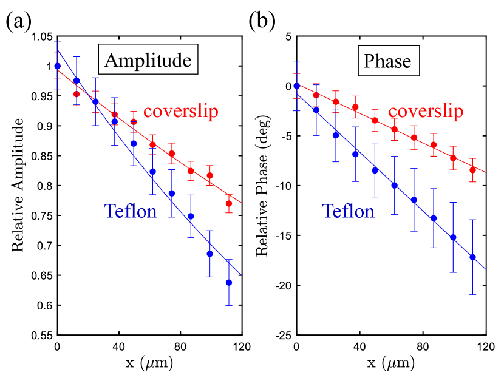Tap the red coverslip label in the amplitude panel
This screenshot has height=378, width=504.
180,112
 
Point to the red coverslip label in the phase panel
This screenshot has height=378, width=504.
426,112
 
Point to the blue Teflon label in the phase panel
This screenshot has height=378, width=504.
348,211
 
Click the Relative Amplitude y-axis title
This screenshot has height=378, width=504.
18,186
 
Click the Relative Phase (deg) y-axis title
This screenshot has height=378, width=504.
262,186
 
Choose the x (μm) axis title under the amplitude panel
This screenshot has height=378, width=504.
149,365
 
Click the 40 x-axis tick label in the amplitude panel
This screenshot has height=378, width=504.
118,348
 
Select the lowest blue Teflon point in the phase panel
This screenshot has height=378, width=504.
472,257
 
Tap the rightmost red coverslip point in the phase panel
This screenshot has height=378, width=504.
472,170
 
